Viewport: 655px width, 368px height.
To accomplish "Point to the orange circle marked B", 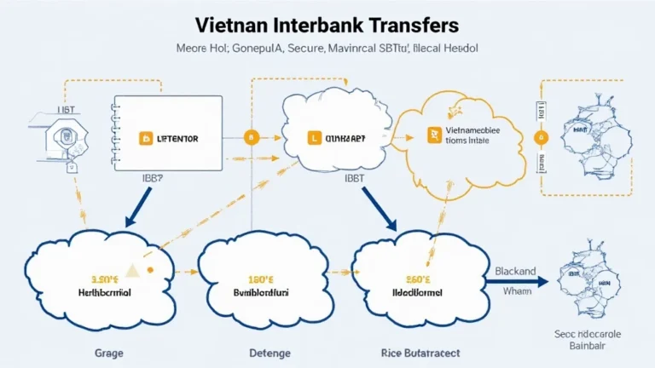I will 251,136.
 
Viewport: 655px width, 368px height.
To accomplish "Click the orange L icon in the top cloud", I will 314,136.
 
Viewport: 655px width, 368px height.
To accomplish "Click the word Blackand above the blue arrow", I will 515,272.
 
